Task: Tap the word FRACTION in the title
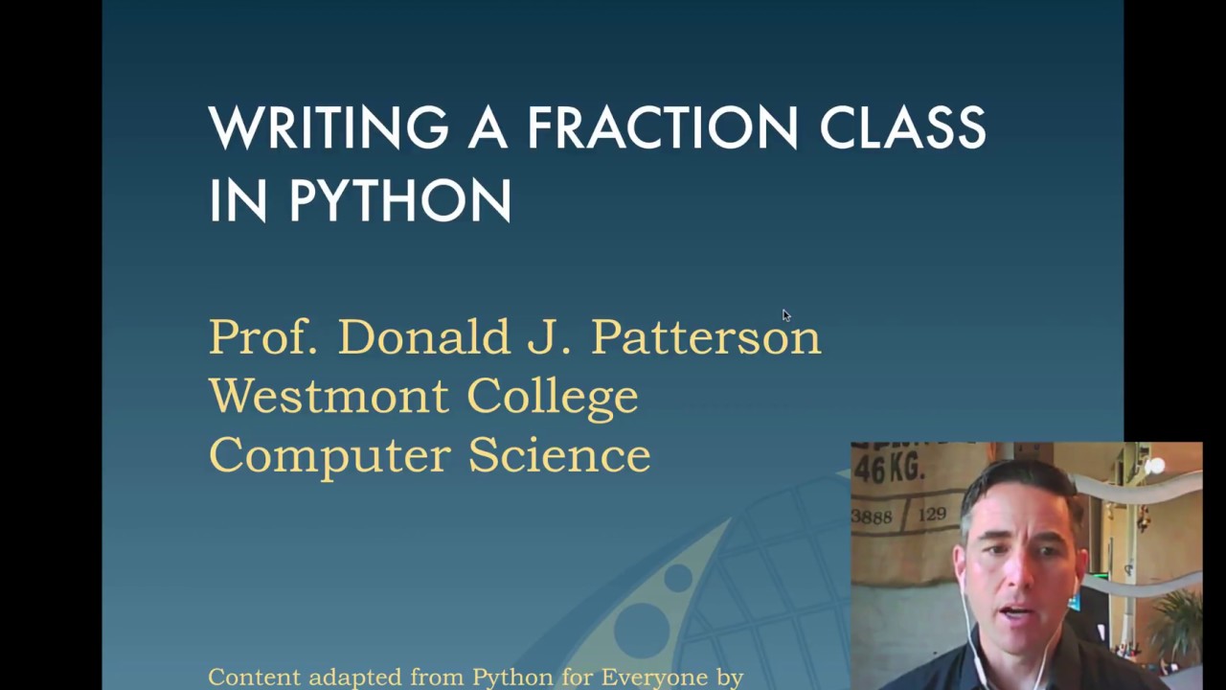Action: coord(662,128)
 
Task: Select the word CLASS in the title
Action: coord(902,128)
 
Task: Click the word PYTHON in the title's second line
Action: coord(400,200)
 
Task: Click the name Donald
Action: coord(423,337)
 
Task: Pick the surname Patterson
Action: coord(706,337)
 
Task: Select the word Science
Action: coord(559,454)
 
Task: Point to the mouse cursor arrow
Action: coord(785,315)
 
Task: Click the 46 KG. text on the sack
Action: coord(889,470)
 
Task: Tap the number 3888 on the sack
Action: coord(872,517)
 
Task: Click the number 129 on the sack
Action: coord(932,515)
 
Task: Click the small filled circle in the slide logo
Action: coord(678,577)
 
